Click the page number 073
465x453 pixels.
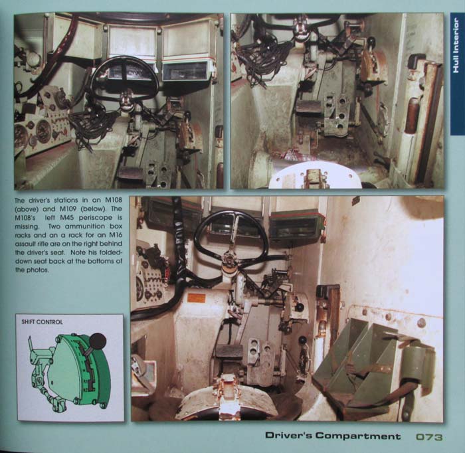coord(429,436)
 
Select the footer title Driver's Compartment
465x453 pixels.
coord(333,436)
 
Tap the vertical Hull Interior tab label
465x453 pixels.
coord(456,45)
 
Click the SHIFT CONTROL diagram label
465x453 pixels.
coord(42,322)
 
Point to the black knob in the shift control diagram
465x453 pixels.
coord(98,341)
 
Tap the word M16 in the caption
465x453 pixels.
coord(116,235)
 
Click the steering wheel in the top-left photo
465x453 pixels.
coord(125,80)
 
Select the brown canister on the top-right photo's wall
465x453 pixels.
coord(412,115)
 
